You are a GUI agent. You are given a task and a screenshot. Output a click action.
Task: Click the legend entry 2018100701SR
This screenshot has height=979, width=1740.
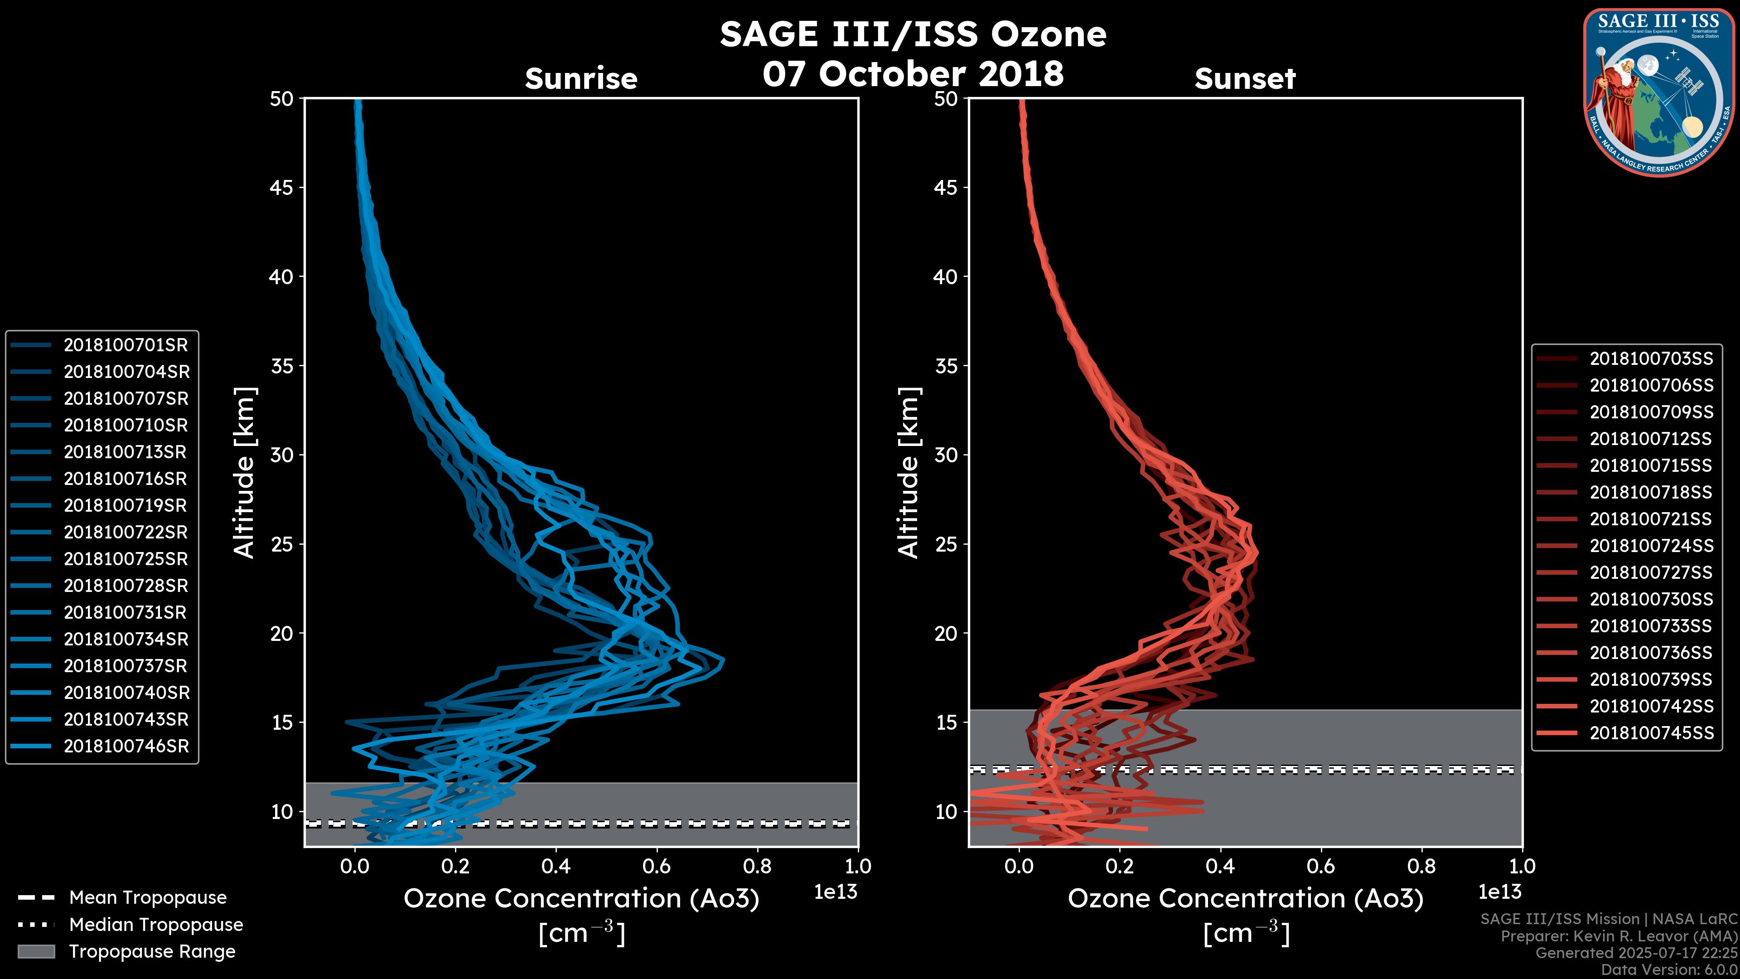pyautogui.click(x=126, y=345)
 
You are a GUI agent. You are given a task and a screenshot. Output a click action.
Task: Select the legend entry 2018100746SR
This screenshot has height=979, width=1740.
pyautogui.click(x=126, y=746)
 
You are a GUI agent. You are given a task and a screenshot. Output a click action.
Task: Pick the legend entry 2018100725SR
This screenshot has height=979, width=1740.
pyautogui.click(x=126, y=559)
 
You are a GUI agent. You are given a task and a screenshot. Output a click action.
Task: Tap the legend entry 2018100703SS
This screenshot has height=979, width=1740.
pyautogui.click(x=1651, y=359)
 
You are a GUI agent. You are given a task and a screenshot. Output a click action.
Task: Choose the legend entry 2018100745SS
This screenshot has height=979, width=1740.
pyautogui.click(x=1651, y=733)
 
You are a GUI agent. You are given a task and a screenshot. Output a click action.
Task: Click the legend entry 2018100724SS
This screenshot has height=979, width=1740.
pyautogui.click(x=1651, y=546)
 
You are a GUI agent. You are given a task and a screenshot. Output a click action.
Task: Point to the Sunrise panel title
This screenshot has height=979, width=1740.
pyautogui.click(x=581, y=79)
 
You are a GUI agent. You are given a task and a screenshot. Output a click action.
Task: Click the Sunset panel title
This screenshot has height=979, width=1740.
pyautogui.click(x=1245, y=79)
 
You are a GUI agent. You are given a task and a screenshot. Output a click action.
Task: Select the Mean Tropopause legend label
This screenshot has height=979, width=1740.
pyautogui.click(x=148, y=898)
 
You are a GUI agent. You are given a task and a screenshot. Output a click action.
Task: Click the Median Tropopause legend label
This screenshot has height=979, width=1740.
pyautogui.click(x=156, y=925)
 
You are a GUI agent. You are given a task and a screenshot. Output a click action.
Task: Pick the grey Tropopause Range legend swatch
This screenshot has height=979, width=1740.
pyautogui.click(x=36, y=951)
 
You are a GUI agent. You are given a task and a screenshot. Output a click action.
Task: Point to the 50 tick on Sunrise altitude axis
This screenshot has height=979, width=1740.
pyautogui.click(x=282, y=99)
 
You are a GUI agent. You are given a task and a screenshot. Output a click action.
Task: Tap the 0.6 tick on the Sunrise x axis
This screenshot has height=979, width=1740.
pyautogui.click(x=657, y=866)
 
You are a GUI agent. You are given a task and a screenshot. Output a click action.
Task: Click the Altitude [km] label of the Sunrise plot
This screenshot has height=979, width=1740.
pyautogui.click(x=245, y=473)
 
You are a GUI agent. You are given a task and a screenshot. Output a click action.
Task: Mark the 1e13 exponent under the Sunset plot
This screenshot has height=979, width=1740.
pyautogui.click(x=1499, y=892)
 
